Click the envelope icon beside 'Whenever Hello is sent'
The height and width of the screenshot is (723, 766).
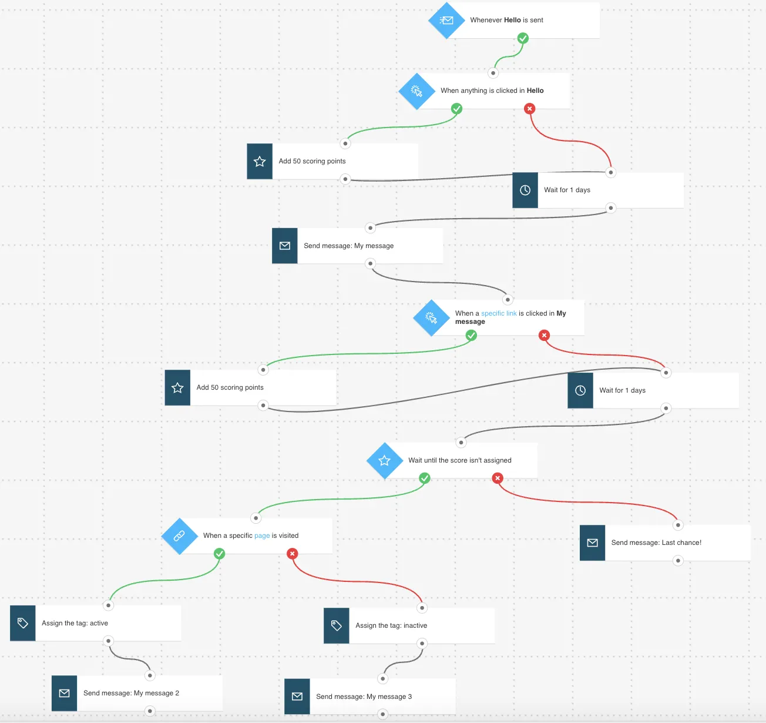(x=446, y=20)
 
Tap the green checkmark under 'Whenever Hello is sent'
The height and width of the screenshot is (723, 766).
(x=523, y=38)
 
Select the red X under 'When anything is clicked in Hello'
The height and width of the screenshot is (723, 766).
(x=530, y=109)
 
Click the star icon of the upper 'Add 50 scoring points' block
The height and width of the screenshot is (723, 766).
(x=260, y=162)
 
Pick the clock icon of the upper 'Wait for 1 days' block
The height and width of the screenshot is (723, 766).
(x=525, y=190)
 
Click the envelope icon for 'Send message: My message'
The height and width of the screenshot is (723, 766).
(x=285, y=246)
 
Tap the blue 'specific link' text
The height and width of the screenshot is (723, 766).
(x=499, y=313)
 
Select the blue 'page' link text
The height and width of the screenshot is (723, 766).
(x=262, y=535)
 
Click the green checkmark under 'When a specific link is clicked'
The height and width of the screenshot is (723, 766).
(x=471, y=335)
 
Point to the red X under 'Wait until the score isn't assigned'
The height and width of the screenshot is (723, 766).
(x=498, y=478)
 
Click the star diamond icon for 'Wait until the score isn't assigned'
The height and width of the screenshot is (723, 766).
(x=385, y=460)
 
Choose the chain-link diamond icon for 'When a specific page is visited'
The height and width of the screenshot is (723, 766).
(x=179, y=536)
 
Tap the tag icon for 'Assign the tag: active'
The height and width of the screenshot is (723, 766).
(x=23, y=623)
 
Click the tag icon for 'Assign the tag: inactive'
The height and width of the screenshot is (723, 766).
(x=337, y=625)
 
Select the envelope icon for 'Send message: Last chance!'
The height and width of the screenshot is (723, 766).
(x=593, y=543)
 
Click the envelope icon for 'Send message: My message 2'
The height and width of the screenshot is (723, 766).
(x=65, y=693)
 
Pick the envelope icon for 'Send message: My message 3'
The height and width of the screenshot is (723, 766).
(x=297, y=697)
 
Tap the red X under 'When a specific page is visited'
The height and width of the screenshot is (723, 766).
(x=293, y=554)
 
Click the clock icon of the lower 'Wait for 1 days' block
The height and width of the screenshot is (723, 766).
(x=580, y=390)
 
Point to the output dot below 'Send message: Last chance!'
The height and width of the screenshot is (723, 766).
(x=678, y=561)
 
